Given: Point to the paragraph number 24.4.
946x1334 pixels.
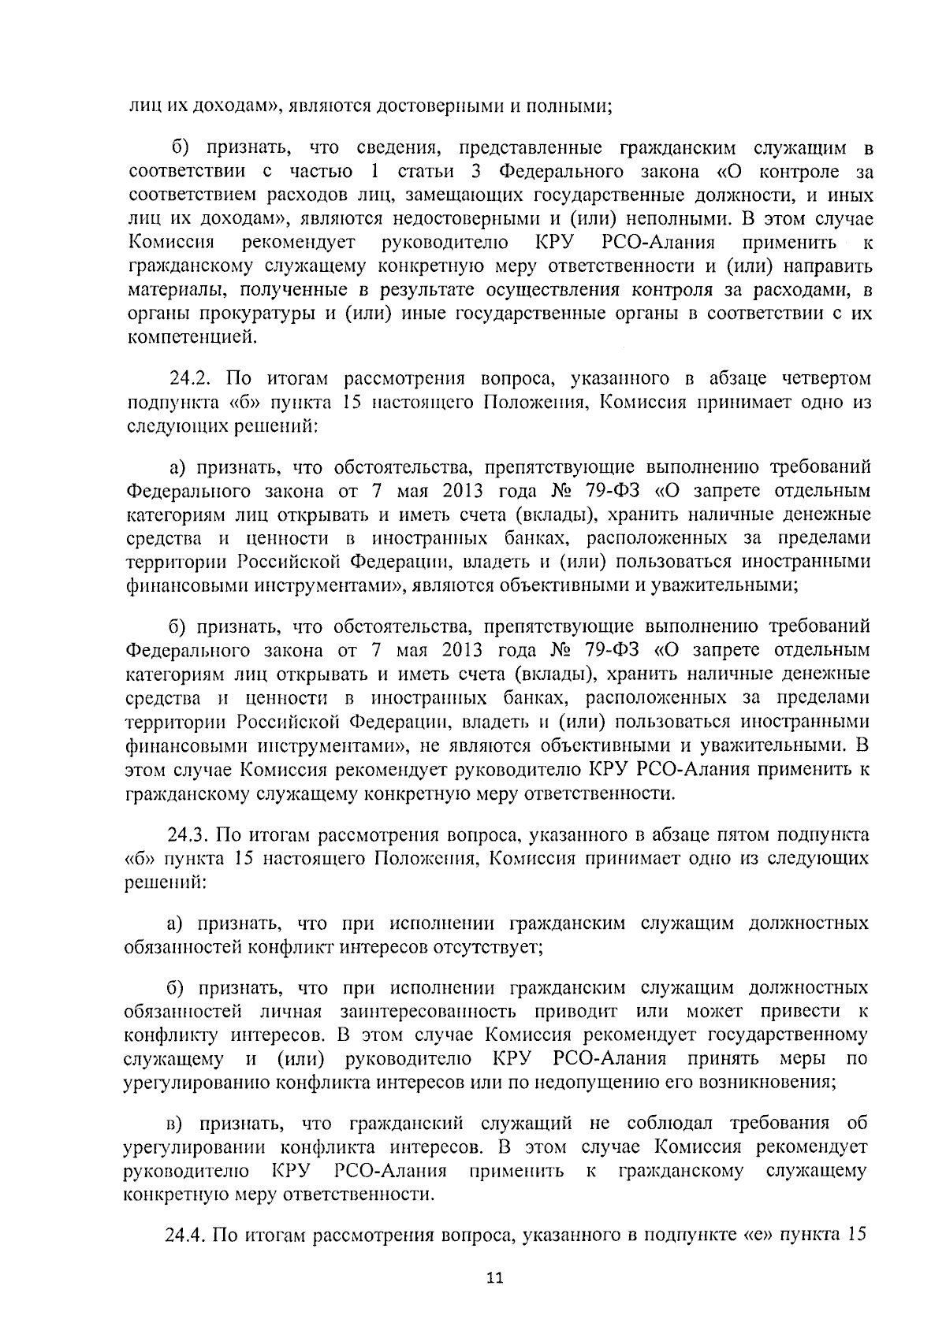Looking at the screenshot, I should pyautogui.click(x=187, y=1235).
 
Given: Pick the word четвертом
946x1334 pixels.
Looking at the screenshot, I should pyautogui.click(x=820, y=381).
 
